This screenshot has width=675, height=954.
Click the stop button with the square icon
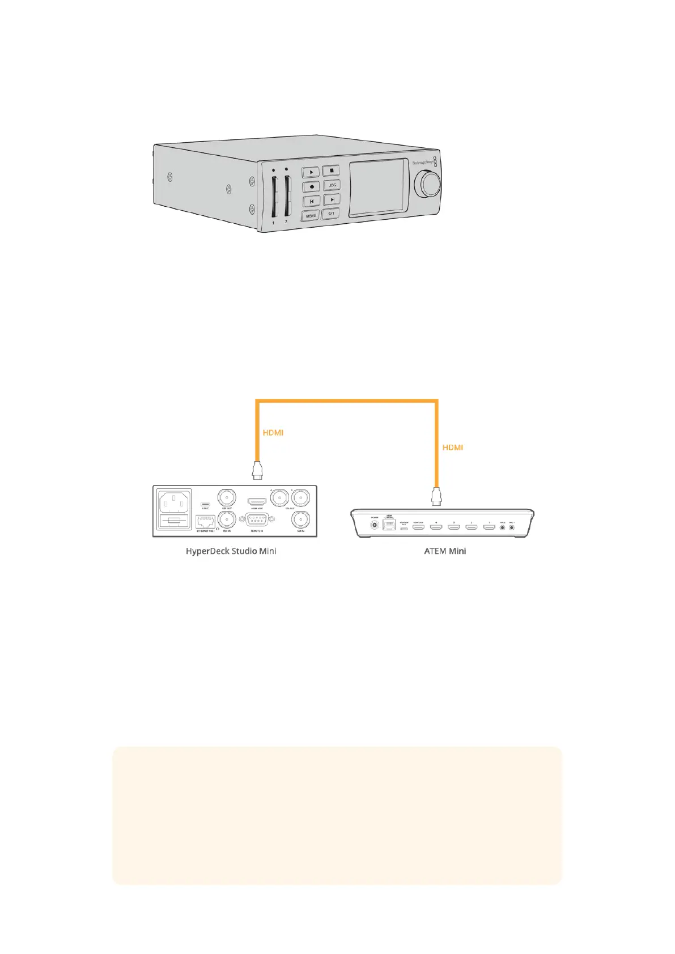(332, 170)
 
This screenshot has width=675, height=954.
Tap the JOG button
(332, 185)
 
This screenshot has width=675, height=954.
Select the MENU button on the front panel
(311, 215)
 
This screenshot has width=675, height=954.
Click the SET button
(331, 214)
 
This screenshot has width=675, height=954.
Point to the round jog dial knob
(428, 185)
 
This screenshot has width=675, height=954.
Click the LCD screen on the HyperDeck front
(378, 188)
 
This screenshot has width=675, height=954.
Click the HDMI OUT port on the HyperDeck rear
(257, 501)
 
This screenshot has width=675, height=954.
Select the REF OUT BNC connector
(227, 497)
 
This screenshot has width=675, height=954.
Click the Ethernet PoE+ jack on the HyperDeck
(205, 522)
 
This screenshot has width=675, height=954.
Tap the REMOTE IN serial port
(257, 520)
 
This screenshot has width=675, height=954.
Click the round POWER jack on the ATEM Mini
(375, 526)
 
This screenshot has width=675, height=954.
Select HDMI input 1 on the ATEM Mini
(489, 527)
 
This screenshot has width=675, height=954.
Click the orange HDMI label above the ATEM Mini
(452, 447)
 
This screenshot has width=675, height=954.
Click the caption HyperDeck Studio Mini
(231, 551)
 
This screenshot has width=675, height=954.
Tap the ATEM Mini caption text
(445, 551)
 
